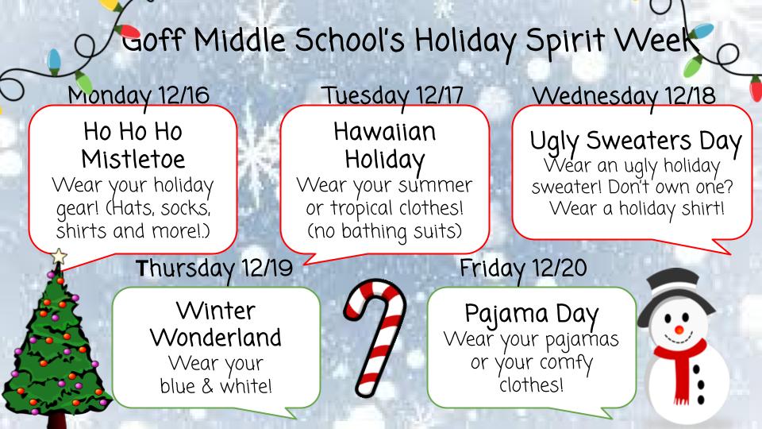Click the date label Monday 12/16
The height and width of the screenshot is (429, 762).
pyautogui.click(x=139, y=95)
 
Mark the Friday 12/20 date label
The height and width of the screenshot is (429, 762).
pyautogui.click(x=524, y=269)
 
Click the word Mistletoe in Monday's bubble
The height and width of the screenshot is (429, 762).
pyautogui.click(x=133, y=159)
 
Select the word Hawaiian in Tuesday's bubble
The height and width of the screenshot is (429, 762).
pyautogui.click(x=385, y=132)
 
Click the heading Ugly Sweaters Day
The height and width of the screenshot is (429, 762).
pyautogui.click(x=635, y=143)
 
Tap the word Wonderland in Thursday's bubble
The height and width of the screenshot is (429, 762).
pyautogui.click(x=216, y=337)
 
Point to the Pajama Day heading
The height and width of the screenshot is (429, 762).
pyautogui.click(x=532, y=311)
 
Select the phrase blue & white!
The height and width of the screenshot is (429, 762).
pyautogui.click(x=216, y=387)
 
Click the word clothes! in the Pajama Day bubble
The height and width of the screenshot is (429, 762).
pyautogui.click(x=532, y=385)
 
